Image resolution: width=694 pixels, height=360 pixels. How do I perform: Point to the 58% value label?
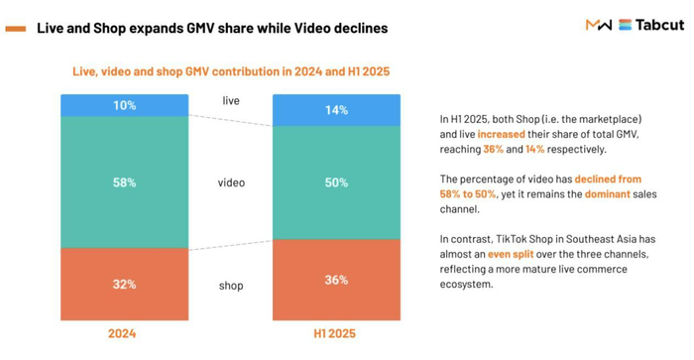(124, 182)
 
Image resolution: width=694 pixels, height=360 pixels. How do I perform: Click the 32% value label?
(124, 286)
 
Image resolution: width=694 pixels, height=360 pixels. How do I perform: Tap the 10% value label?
(124, 105)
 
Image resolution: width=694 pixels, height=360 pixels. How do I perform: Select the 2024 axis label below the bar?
(124, 334)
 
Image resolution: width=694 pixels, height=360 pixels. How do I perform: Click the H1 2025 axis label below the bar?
(336, 334)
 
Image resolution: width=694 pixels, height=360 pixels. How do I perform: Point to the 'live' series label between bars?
(230, 101)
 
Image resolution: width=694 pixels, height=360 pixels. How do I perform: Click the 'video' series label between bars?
(230, 182)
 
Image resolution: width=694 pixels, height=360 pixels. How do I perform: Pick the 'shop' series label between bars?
(230, 286)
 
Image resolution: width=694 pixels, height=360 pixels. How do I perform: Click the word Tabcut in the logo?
(658, 25)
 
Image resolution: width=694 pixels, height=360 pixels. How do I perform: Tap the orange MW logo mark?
(598, 25)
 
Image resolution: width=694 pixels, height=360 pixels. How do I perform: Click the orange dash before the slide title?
(15, 29)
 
